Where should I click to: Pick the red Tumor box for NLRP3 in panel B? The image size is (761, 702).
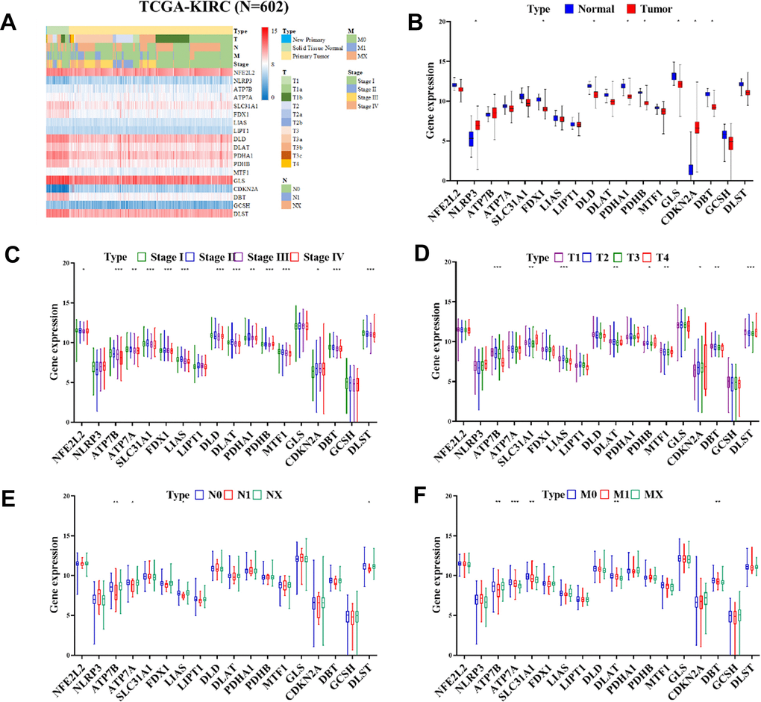(x=477, y=125)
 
